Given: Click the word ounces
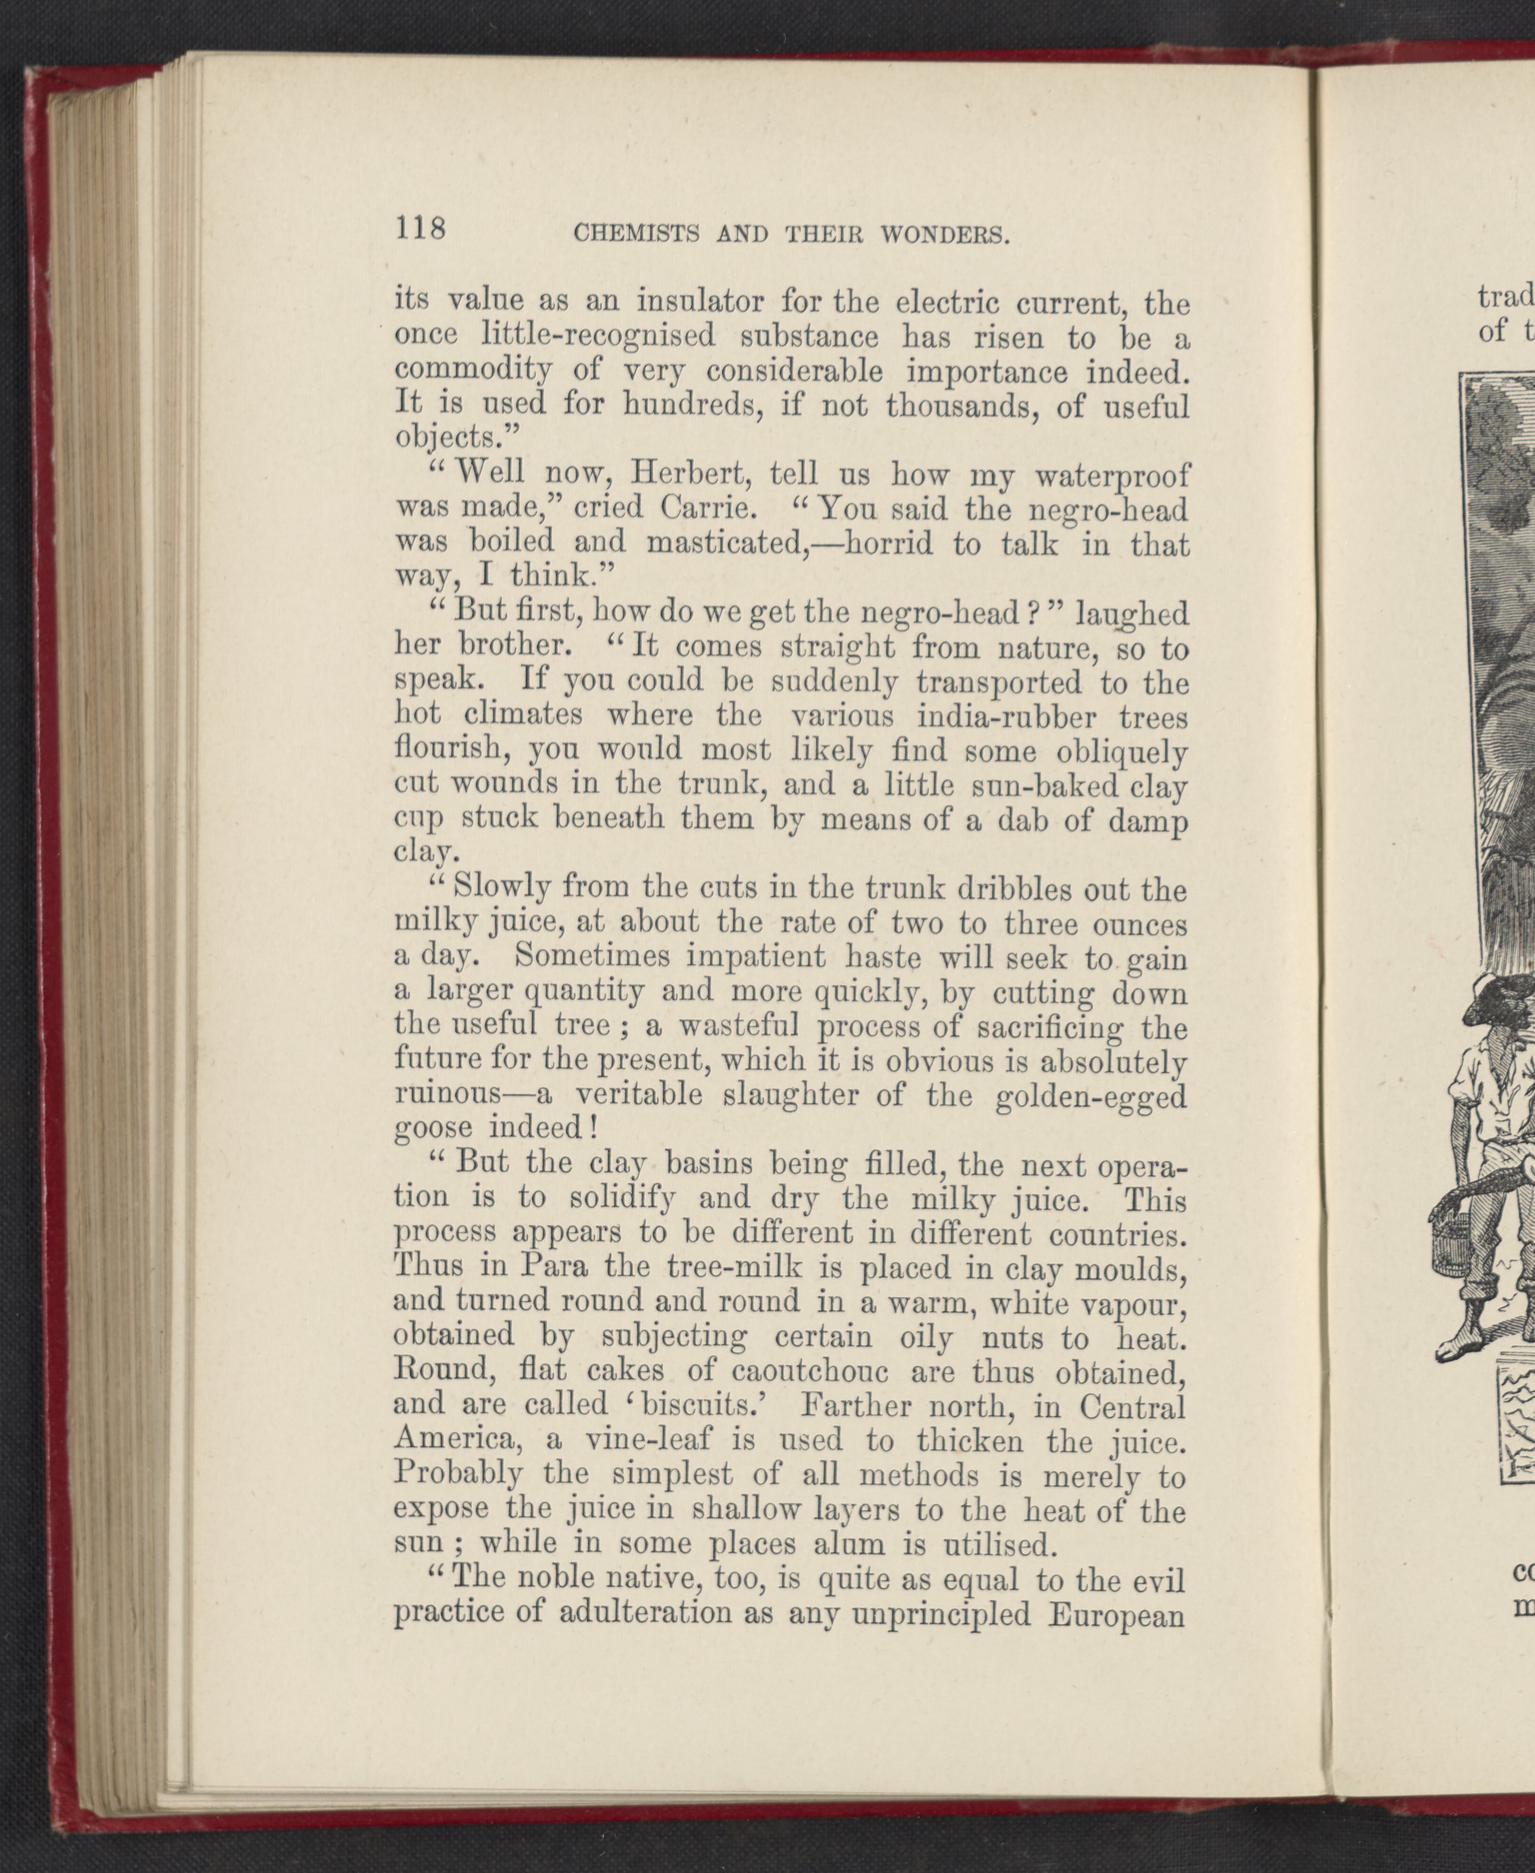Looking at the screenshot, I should pyautogui.click(x=1140, y=924).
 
